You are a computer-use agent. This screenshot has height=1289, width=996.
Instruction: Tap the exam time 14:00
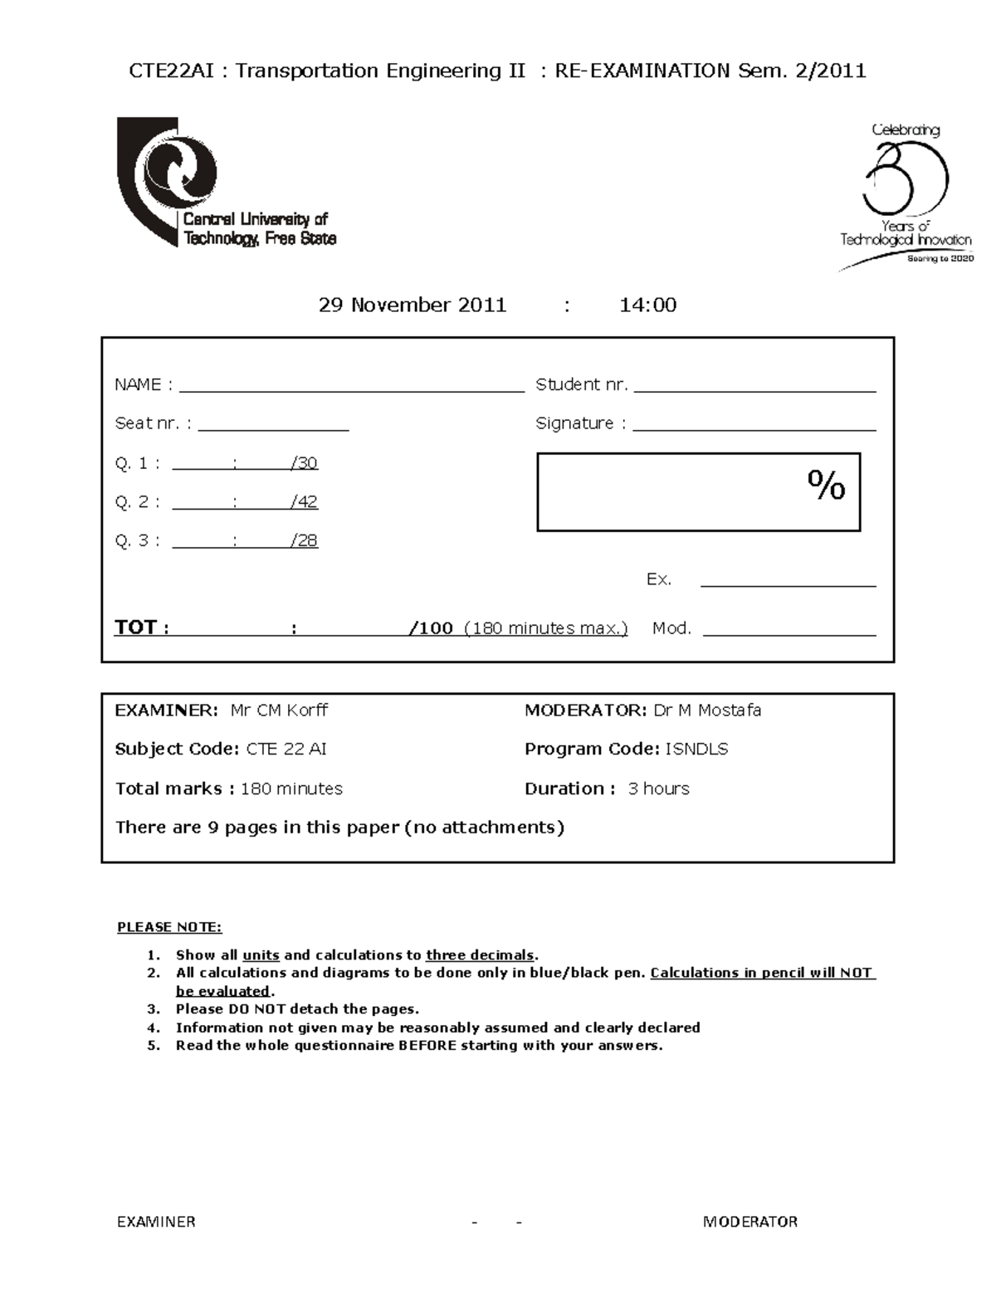647,305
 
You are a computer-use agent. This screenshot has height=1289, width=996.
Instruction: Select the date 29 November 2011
413,305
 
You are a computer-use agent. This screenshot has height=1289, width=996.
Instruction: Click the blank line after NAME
351,386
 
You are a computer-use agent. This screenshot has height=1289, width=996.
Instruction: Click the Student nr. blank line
754,386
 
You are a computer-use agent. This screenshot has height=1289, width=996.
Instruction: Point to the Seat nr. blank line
273,426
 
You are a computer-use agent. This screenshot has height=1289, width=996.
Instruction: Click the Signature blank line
754,426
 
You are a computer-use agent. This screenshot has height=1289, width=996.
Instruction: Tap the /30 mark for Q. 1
305,463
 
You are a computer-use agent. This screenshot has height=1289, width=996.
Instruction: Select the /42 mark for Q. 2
305,502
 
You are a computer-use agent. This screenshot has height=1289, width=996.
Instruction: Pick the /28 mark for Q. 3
305,541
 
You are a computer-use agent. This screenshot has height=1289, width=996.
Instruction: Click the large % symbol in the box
826,485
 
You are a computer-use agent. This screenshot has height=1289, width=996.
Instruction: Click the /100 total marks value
432,628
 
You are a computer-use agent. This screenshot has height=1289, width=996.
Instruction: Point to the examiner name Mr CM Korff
279,710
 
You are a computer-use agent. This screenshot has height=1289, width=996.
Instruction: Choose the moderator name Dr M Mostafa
707,710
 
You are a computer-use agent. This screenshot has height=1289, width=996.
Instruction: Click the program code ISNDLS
696,749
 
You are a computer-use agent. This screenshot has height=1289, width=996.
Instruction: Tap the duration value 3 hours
658,789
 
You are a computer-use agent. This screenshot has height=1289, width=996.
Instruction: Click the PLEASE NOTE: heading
169,927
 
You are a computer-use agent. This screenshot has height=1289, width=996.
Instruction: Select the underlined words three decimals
480,955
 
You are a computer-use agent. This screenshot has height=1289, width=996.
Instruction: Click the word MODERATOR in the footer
749,1222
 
